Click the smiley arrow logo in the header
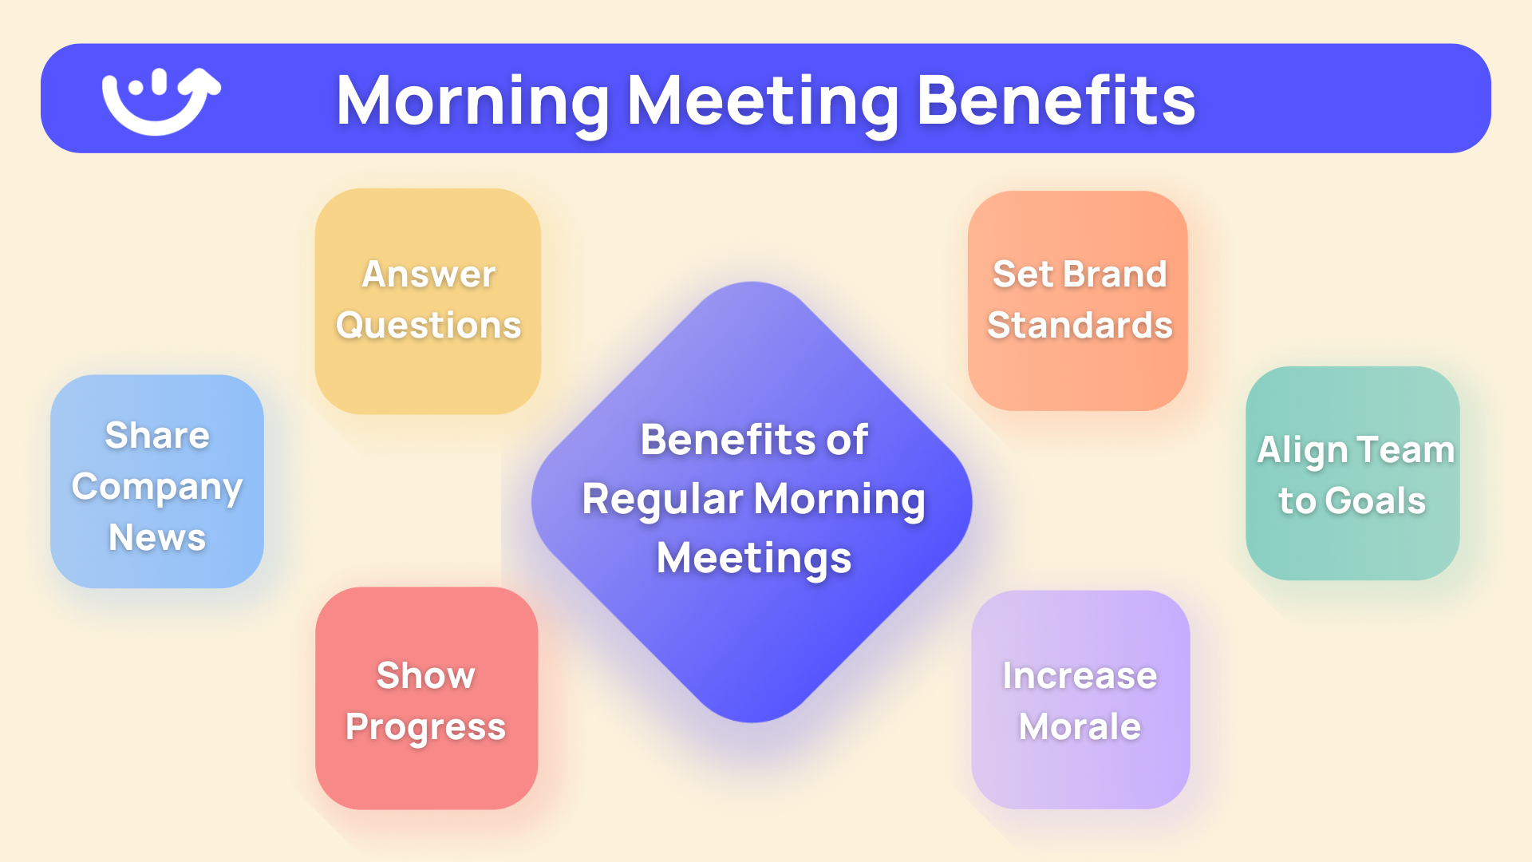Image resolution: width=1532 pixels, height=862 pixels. tap(160, 101)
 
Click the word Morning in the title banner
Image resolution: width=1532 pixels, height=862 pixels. tap(473, 101)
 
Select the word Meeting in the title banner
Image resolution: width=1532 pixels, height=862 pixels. tap(763, 101)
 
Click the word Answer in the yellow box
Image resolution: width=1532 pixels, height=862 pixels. tap(428, 275)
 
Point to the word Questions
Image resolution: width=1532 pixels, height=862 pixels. tap(428, 326)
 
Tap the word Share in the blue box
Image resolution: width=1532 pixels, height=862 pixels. tap(157, 436)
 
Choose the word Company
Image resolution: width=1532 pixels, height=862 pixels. tap(157, 488)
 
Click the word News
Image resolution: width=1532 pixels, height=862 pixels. tap(157, 538)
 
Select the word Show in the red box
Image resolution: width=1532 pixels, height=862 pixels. tap(425, 676)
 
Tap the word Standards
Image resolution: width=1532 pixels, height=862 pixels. tap(1080, 326)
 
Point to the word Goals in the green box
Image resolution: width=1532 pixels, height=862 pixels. tap(1375, 501)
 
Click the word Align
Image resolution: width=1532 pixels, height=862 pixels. tap(1302, 451)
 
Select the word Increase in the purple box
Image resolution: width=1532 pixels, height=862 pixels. tap(1080, 676)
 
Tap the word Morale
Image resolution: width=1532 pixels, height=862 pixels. tap(1080, 727)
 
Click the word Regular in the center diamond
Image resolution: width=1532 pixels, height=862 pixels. tap(662, 500)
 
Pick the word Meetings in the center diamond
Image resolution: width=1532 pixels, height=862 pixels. tap(754, 559)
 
